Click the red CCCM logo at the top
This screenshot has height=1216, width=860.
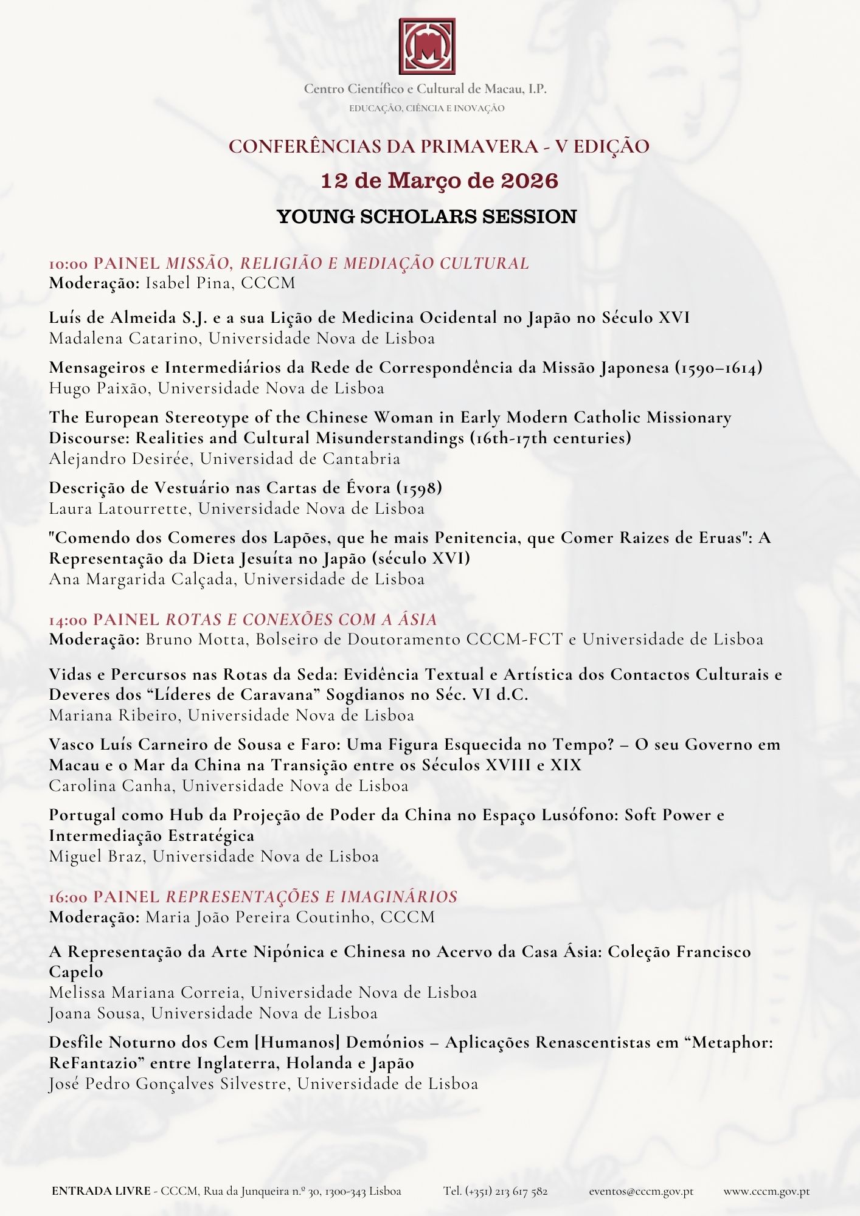click(x=427, y=46)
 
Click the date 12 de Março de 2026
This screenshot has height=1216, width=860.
click(x=439, y=181)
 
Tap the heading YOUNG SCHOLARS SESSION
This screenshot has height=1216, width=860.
click(x=427, y=216)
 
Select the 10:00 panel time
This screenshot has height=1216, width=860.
click(x=68, y=264)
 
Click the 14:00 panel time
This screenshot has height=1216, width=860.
click(x=68, y=620)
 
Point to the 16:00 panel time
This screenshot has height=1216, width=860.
click(x=68, y=897)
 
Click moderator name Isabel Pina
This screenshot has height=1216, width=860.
click(x=188, y=283)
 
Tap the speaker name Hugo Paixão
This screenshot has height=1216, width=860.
click(x=98, y=388)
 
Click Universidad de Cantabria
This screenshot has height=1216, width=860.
click(x=300, y=458)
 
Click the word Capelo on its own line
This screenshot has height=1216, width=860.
click(x=76, y=972)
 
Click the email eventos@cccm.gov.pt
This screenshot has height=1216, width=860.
click(x=640, y=1191)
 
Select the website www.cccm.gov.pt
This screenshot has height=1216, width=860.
click(x=766, y=1191)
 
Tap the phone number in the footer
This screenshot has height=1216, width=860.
click(x=496, y=1191)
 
